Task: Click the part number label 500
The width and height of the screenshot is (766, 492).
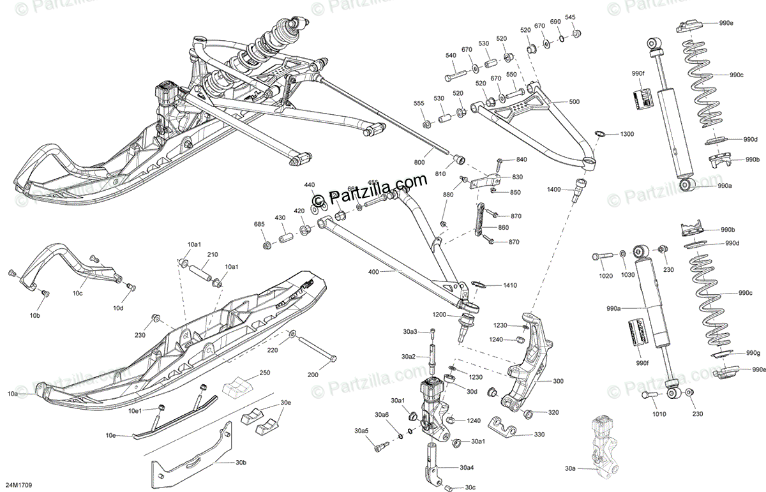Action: tap(574, 102)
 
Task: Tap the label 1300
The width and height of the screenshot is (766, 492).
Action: tap(627, 135)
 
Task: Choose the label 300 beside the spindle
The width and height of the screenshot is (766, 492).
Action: tap(559, 381)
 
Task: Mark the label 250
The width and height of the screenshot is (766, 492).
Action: tap(264, 373)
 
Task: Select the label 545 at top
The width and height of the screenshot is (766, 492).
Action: tap(570, 18)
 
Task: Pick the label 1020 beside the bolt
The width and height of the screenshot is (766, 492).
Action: tap(605, 276)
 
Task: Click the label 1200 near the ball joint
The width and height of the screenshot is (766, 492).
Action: tap(439, 315)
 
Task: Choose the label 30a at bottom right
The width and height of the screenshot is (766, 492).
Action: tap(570, 468)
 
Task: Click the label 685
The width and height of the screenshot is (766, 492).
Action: tap(259, 224)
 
